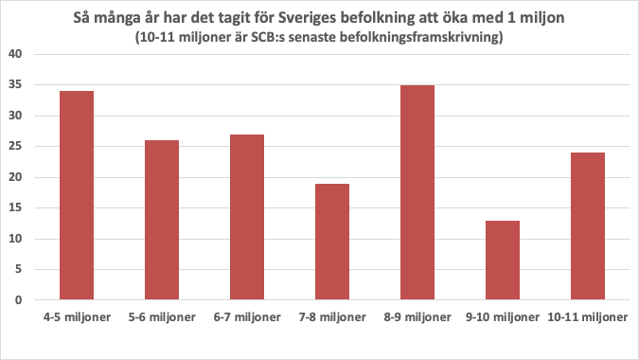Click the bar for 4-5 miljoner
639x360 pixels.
click(x=77, y=195)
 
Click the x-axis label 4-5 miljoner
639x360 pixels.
click(x=77, y=315)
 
